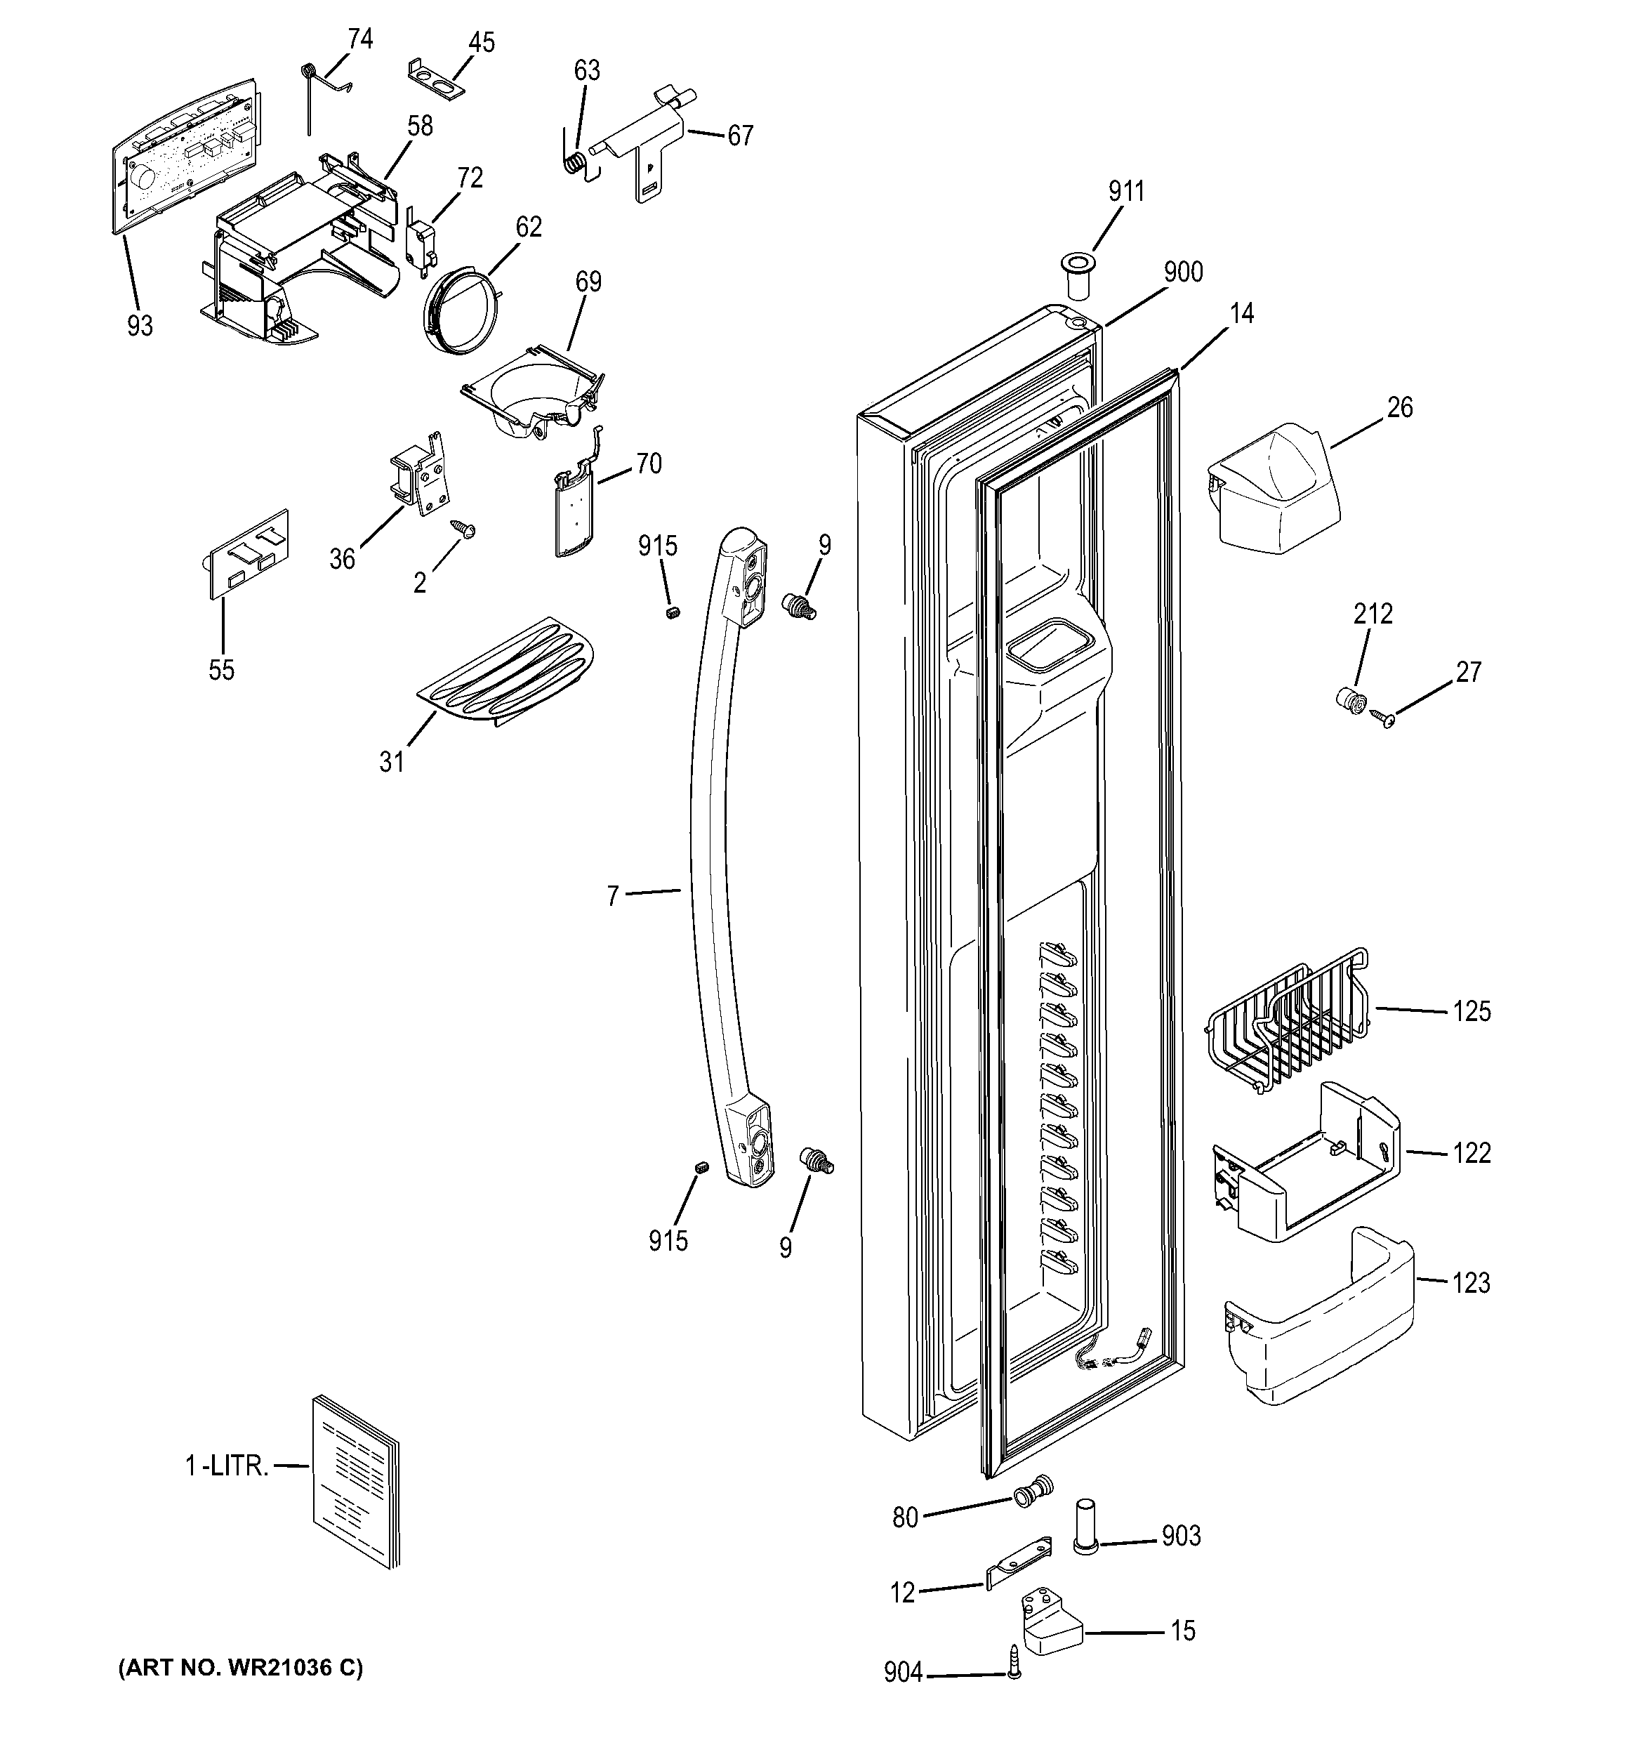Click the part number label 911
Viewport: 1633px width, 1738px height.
tap(1126, 190)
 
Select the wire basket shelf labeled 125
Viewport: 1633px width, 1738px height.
tap(1285, 1023)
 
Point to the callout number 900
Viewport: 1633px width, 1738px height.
tap(1183, 272)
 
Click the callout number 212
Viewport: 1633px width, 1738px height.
tap(1373, 614)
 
